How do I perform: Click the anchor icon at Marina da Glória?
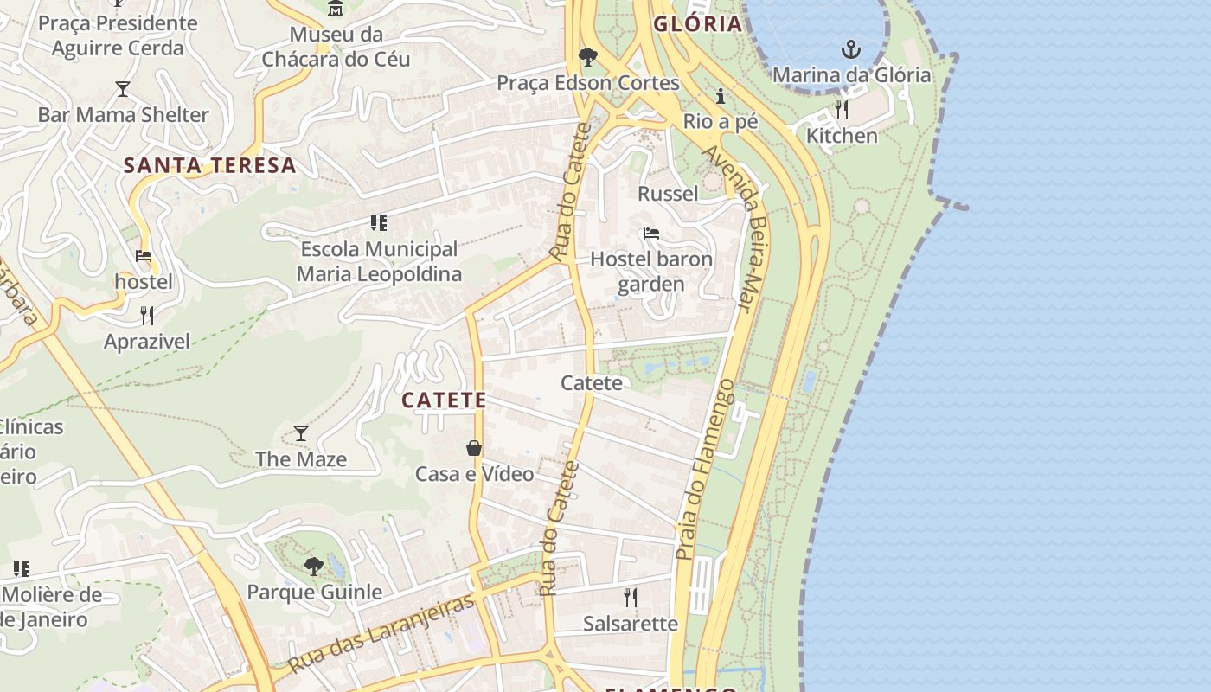click(x=852, y=49)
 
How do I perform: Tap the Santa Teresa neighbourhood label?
click(x=209, y=165)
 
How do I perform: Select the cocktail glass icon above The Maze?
click(x=301, y=433)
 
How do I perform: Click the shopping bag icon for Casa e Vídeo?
click(x=474, y=448)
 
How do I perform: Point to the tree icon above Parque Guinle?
click(x=314, y=567)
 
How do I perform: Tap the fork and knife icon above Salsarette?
click(x=631, y=597)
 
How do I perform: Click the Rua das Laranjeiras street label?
click(x=381, y=633)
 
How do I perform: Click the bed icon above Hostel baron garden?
click(x=651, y=234)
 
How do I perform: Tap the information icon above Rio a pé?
click(x=720, y=96)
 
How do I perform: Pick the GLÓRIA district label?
click(x=697, y=23)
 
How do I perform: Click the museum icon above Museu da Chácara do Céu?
click(x=336, y=9)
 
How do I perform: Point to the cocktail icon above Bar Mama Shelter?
click(x=123, y=89)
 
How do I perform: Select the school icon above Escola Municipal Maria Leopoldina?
click(x=378, y=224)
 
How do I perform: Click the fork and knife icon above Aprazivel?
click(x=147, y=316)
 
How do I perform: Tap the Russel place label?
click(x=668, y=193)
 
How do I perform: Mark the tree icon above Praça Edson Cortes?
click(x=588, y=57)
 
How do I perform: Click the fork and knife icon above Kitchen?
click(x=842, y=110)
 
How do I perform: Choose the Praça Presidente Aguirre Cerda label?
click(x=118, y=35)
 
